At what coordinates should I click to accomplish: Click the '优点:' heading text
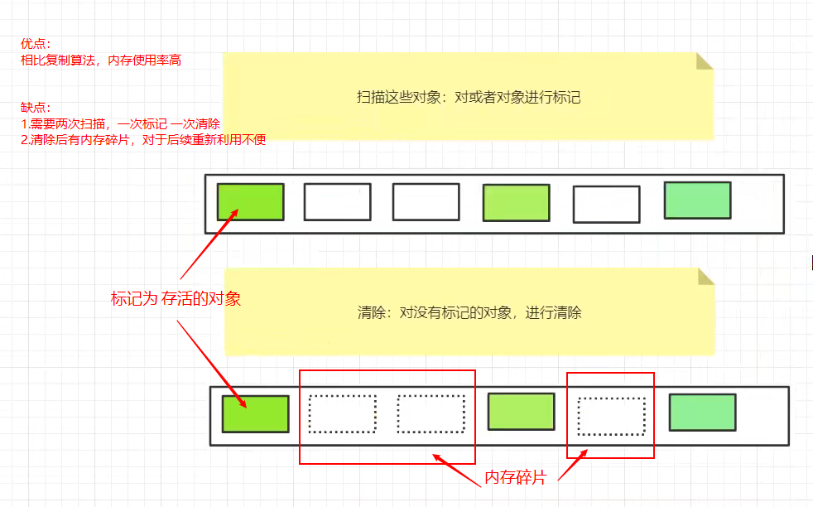(x=36, y=44)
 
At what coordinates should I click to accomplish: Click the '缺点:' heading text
(x=36, y=108)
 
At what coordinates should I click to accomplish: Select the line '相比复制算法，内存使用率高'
(x=101, y=60)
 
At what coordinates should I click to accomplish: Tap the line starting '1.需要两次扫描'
(x=120, y=123)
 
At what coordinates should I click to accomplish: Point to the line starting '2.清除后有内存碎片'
(x=143, y=139)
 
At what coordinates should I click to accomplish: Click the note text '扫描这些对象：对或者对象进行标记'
(x=469, y=97)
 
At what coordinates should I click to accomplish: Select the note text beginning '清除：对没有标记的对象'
(x=469, y=313)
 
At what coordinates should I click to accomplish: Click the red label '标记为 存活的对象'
(x=176, y=299)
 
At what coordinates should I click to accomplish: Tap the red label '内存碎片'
(x=514, y=478)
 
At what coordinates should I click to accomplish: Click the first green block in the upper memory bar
(x=250, y=201)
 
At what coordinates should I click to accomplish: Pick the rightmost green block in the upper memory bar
(x=697, y=200)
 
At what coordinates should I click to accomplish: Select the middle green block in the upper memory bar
(x=516, y=203)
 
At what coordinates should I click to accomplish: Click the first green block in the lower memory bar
(x=255, y=413)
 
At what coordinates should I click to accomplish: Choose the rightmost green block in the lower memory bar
(x=702, y=413)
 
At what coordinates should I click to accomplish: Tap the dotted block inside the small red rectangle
(x=611, y=416)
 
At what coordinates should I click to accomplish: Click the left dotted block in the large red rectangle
(x=342, y=413)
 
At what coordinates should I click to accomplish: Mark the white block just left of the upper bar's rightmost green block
(x=606, y=205)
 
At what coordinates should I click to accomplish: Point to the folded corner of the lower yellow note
(x=705, y=277)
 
